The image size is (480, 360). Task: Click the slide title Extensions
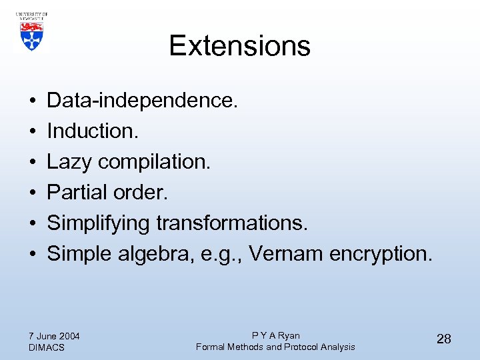tap(239, 45)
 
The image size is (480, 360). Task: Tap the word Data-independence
tap(142, 101)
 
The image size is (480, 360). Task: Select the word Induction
tap(93, 131)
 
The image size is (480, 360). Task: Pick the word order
tap(144, 193)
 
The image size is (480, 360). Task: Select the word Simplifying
tap(99, 223)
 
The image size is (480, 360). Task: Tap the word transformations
tap(232, 223)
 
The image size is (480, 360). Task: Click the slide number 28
tap(443, 339)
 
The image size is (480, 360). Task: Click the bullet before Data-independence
tap(32, 101)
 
